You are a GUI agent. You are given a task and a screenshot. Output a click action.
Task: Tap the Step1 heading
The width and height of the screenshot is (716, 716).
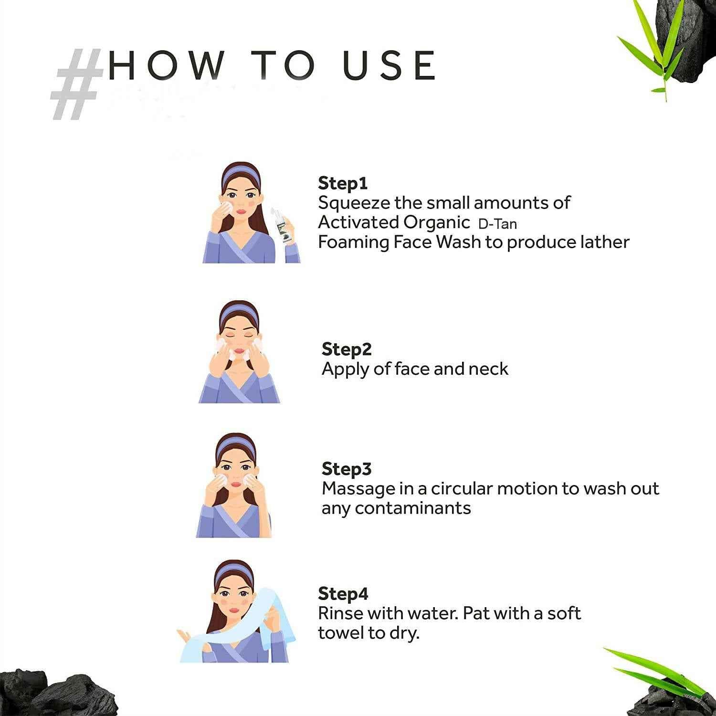[x=342, y=184]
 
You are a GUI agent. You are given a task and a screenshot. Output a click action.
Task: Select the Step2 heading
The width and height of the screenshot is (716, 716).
[x=346, y=349]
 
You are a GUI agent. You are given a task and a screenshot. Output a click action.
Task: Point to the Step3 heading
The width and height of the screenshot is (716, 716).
[x=346, y=469]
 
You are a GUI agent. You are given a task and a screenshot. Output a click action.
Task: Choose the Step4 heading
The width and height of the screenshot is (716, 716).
[x=343, y=594]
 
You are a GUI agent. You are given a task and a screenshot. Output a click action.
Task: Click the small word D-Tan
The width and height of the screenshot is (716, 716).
[x=497, y=224]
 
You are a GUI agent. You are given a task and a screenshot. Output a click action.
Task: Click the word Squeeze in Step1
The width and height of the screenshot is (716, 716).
[x=354, y=203]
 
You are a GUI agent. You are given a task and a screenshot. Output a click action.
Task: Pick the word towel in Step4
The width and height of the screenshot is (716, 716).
[x=342, y=633]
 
